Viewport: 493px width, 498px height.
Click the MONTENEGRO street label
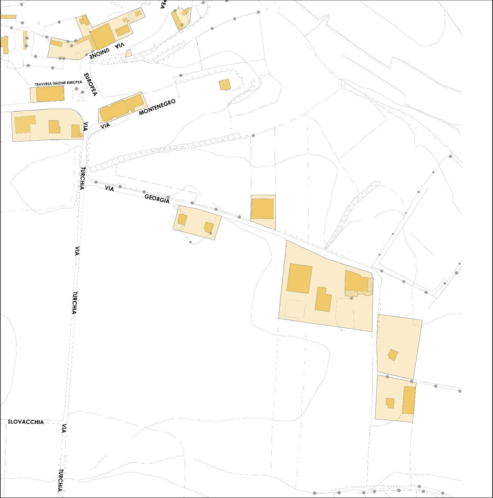pos(157,107)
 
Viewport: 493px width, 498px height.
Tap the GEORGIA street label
pos(157,199)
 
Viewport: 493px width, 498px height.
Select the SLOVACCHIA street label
pos(26,422)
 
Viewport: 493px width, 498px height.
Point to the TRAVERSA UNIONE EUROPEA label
pos(59,83)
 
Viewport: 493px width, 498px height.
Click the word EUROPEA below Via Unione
pos(90,84)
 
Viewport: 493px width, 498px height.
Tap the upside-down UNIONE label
pos(100,53)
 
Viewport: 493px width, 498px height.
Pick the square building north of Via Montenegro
pos(225,85)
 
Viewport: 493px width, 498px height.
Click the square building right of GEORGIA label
pos(262,209)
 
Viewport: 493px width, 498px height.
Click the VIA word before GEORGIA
pos(109,188)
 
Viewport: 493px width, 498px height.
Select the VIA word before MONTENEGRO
pos(105,126)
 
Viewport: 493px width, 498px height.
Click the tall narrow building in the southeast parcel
pos(409,400)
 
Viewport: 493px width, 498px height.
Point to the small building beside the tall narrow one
pos(390,403)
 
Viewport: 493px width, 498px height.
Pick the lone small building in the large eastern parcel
pos(393,354)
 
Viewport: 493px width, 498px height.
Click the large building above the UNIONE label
pos(102,36)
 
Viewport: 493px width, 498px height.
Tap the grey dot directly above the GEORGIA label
pos(168,197)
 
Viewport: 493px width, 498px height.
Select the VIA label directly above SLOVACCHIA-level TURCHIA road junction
pos(64,428)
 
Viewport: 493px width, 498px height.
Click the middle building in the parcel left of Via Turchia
pos(54,127)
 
